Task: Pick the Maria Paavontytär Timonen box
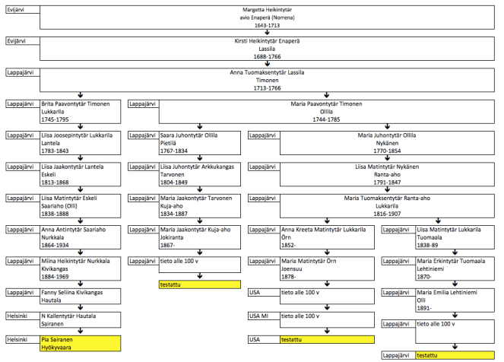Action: [328, 110]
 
